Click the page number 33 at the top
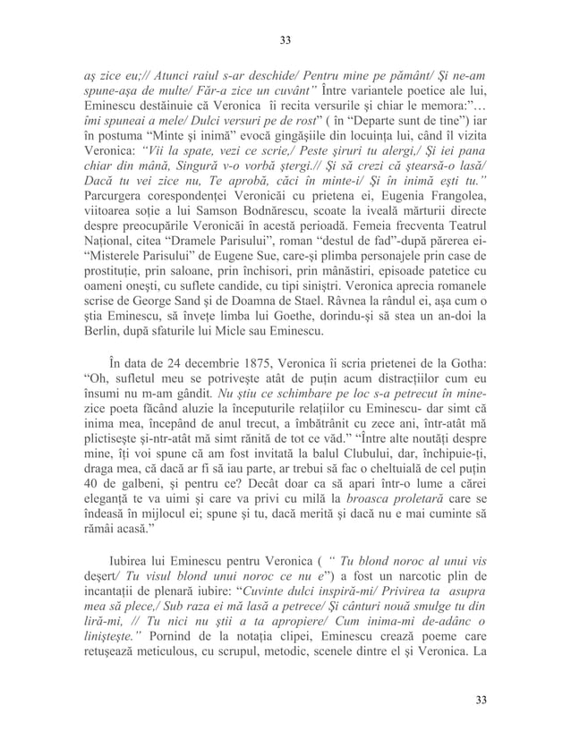point(285,40)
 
